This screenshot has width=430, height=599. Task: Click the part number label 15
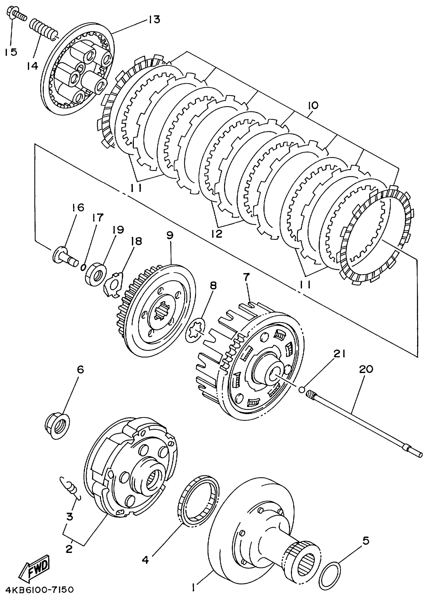[x=11, y=52]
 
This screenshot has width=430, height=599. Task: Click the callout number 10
[x=313, y=105]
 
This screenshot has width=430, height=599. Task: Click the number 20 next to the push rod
[x=366, y=369]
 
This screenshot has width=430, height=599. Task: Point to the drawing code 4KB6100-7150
[x=37, y=589]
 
